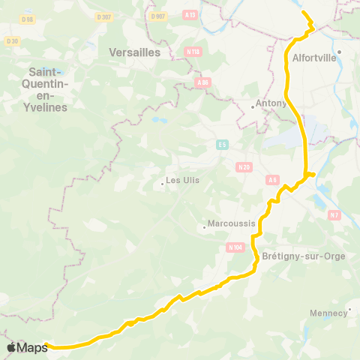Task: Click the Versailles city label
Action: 135,52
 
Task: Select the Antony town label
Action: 271,103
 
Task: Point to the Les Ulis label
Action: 182,181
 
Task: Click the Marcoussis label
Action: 232,223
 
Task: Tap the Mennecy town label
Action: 328,312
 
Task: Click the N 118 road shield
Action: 193,52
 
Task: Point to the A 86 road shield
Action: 201,82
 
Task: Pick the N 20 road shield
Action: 244,167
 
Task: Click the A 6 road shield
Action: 273,180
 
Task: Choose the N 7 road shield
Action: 334,215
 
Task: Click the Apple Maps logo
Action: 27,347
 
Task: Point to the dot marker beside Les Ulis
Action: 162,184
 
